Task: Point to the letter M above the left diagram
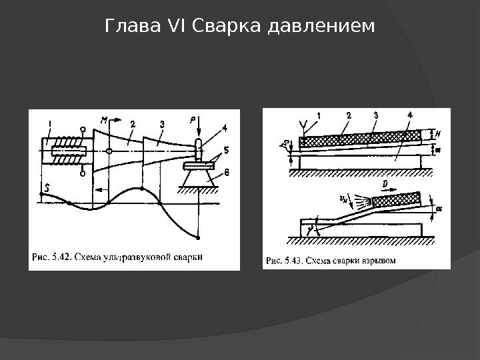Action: (x=104, y=120)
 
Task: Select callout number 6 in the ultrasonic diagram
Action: (x=226, y=173)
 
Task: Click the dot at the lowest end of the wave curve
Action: (x=198, y=237)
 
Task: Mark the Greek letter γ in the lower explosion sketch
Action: (x=311, y=228)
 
